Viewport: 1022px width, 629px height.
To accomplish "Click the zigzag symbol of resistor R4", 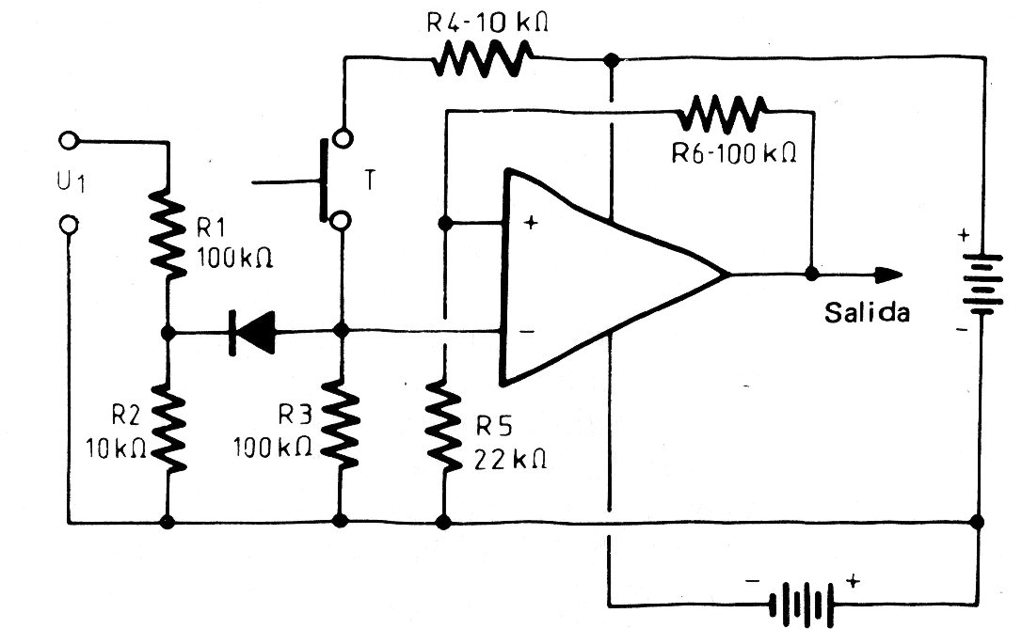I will point(481,62).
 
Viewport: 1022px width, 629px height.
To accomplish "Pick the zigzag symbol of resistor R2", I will point(168,430).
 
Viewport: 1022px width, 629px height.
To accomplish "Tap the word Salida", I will point(867,313).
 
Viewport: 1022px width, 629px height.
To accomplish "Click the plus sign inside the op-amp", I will point(530,224).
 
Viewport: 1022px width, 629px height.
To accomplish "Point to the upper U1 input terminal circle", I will point(68,142).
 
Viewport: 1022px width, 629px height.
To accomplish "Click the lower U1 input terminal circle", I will point(68,225).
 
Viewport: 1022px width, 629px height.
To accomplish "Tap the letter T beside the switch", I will point(371,181).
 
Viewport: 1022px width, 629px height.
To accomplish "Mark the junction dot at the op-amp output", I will point(811,275).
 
